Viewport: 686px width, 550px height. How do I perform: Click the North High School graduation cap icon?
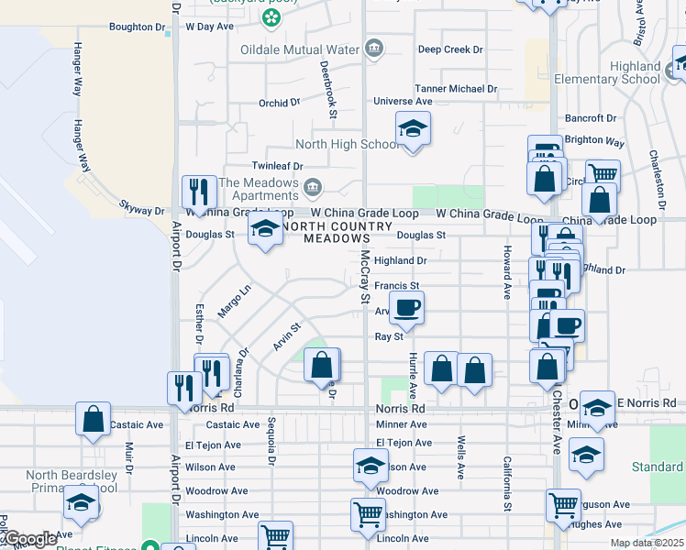point(413,129)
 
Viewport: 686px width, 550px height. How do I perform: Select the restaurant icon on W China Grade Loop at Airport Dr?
point(199,192)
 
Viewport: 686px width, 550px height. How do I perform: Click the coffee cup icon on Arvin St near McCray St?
point(407,307)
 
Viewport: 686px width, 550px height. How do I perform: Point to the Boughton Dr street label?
point(137,27)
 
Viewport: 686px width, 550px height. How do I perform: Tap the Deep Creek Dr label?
point(450,49)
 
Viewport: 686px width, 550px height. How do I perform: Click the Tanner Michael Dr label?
point(456,89)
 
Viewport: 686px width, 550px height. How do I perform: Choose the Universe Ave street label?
point(403,102)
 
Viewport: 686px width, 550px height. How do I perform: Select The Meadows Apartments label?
point(260,190)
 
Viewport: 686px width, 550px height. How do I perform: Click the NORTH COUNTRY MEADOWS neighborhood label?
point(316,233)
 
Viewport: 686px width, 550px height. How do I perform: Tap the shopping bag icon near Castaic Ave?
point(93,419)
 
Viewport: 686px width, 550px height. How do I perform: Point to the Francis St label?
point(396,286)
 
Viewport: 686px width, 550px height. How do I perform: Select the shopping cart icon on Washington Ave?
point(368,514)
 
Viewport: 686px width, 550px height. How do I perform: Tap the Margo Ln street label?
point(234,302)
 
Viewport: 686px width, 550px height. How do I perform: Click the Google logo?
point(30,538)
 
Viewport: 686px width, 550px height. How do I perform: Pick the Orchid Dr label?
point(279,103)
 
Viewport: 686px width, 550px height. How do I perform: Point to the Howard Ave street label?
point(506,272)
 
